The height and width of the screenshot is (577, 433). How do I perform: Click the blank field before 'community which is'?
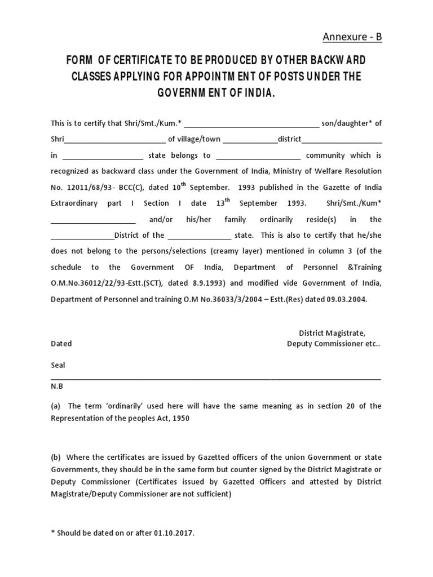coord(258,156)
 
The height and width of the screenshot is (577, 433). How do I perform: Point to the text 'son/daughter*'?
coord(344,123)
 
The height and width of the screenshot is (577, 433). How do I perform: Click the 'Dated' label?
coord(61,344)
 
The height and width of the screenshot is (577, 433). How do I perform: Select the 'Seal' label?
coord(58,365)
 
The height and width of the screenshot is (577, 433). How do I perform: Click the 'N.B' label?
coord(57,387)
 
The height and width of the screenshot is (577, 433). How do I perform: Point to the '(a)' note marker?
coord(56,406)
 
